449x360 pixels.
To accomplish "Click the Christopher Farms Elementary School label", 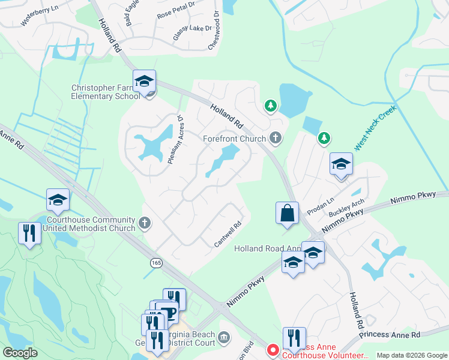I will pyautogui.click(x=106, y=91).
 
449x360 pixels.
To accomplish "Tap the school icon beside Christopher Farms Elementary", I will pyautogui.click(x=144, y=81).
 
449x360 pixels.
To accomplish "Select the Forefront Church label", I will pyautogui.click(x=234, y=139).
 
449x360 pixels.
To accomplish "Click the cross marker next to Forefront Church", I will pyautogui.click(x=275, y=139).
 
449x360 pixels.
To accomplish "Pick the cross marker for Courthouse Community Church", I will pyautogui.click(x=144, y=224).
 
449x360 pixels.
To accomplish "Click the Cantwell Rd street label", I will pyautogui.click(x=228, y=235).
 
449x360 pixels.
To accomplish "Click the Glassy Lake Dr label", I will pyautogui.click(x=193, y=32).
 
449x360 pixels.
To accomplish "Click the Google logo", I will pyautogui.click(x=20, y=353).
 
